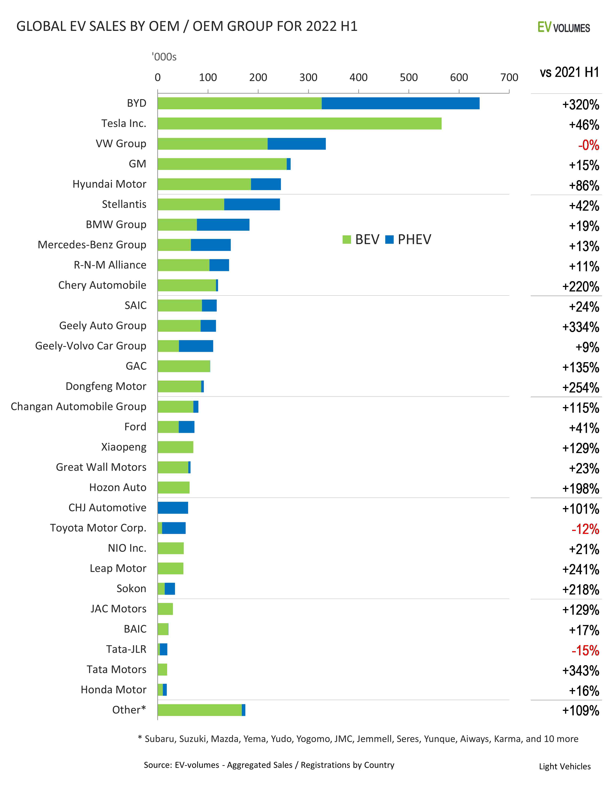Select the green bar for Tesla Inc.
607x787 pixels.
pyautogui.click(x=299, y=124)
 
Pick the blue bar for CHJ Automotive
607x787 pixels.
pyautogui.click(x=173, y=508)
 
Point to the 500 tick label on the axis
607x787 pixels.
pyautogui.click(x=408, y=77)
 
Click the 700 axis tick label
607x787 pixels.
pyautogui.click(x=509, y=77)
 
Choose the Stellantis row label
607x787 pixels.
pyautogui.click(x=124, y=204)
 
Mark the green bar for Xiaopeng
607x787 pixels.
pyautogui.click(x=175, y=447)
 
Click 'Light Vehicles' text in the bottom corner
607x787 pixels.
pyautogui.click(x=565, y=766)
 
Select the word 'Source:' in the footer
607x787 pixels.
pyautogui.click(x=158, y=765)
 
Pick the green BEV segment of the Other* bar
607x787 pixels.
pyautogui.click(x=199, y=710)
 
